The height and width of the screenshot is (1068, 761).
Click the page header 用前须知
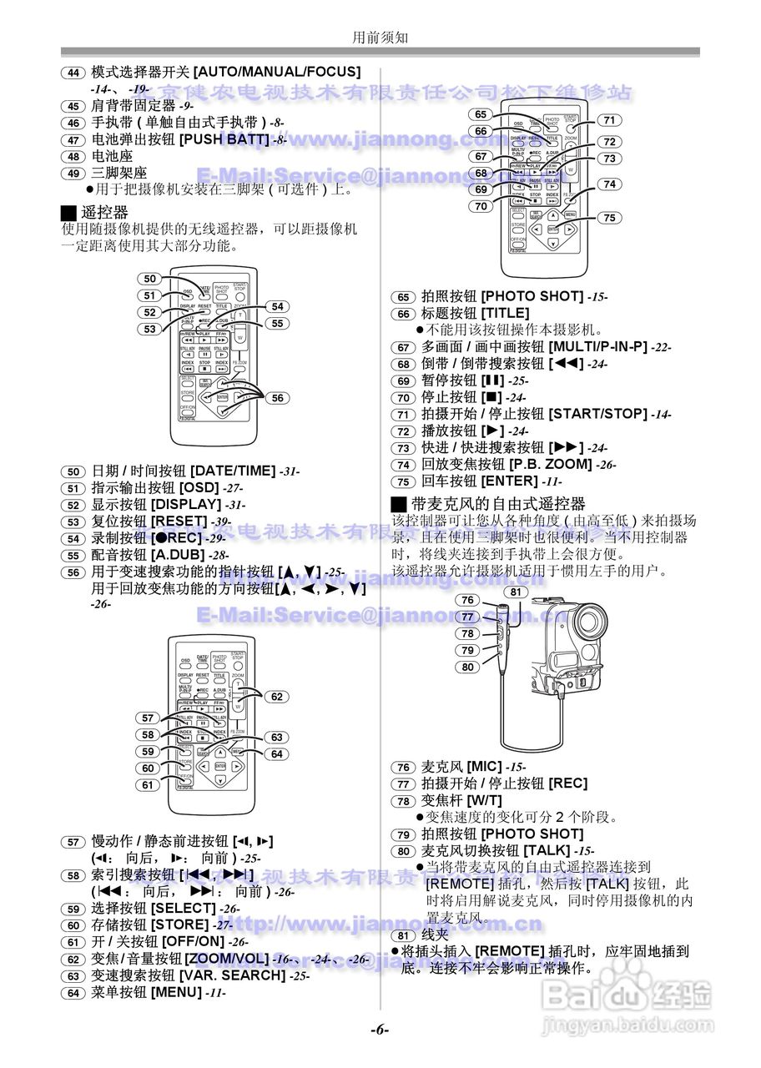[380, 38]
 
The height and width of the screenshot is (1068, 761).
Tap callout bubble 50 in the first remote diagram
[149, 280]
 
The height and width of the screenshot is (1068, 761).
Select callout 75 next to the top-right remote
[609, 218]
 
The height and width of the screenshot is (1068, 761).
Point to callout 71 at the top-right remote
[609, 120]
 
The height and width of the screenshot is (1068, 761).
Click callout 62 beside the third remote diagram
[277, 697]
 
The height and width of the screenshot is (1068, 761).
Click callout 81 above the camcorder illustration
[517, 592]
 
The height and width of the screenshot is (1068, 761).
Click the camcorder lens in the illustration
[592, 621]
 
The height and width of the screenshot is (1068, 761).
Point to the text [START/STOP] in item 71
[597, 414]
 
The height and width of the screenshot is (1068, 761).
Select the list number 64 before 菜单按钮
[73, 993]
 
